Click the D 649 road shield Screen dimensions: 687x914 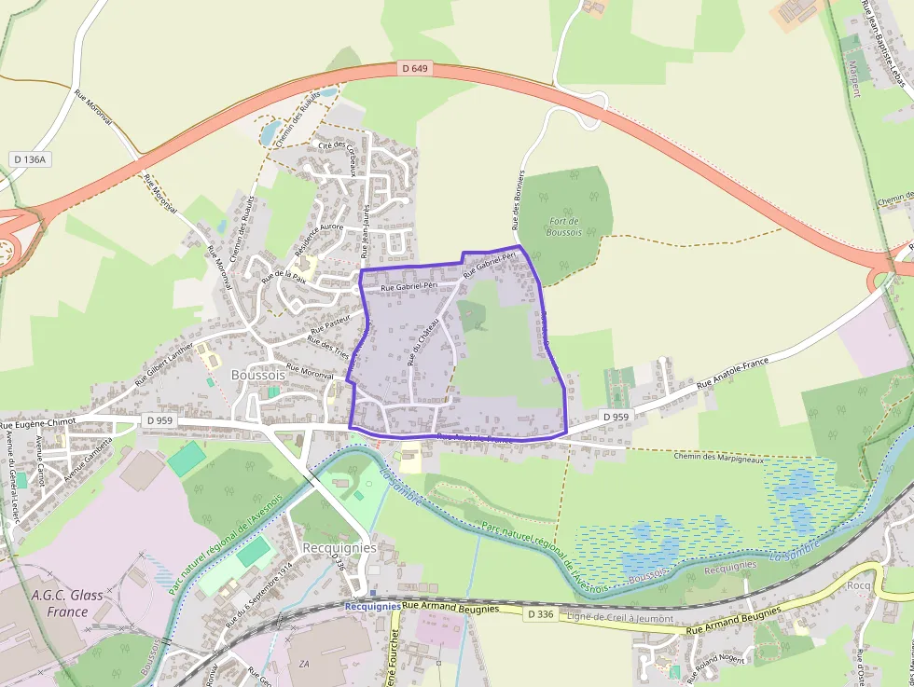[x=415, y=68]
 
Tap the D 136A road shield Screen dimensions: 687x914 [x=30, y=159]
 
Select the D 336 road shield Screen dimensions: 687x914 [x=540, y=614]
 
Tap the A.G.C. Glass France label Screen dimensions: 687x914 [x=67, y=603]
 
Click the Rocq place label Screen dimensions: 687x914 [x=858, y=584]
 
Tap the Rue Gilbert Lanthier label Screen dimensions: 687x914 [x=163, y=363]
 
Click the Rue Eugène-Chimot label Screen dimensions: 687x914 [x=38, y=422]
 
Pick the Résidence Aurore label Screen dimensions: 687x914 [x=319, y=240]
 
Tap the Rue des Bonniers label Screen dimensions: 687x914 [x=519, y=200]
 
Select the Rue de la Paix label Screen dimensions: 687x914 [x=284, y=276]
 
